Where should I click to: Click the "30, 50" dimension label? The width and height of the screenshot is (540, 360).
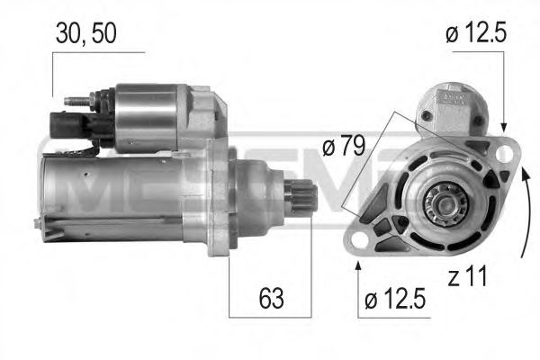pos(85,33)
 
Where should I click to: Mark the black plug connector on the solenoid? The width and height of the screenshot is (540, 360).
pos(67,123)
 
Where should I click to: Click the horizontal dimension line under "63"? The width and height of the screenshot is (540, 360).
pos(268,316)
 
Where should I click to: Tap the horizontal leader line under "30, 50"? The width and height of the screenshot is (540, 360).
pos(98,53)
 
